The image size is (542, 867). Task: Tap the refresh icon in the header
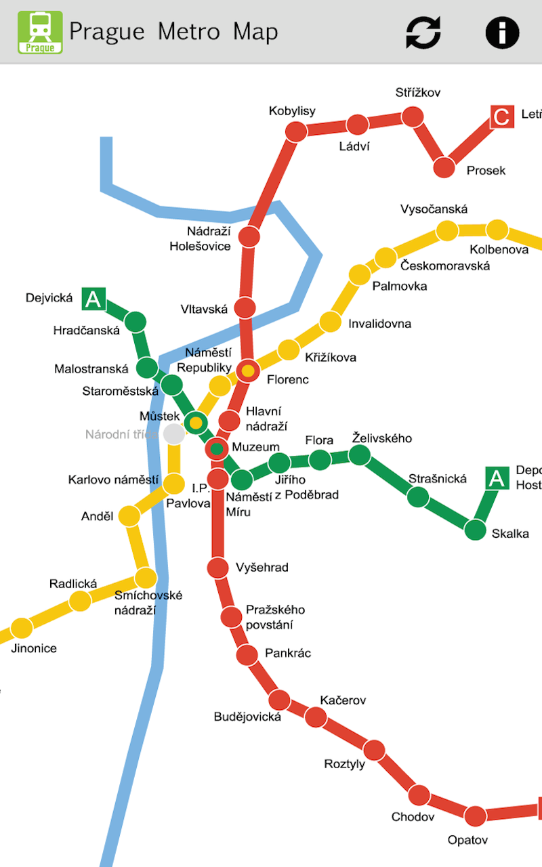(x=423, y=32)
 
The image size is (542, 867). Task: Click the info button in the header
(x=502, y=32)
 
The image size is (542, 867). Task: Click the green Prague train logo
(x=40, y=32)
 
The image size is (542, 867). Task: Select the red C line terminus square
(x=501, y=117)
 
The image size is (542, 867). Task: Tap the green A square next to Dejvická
(x=93, y=299)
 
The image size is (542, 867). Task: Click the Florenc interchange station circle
(x=248, y=371)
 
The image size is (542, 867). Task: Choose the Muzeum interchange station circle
(x=217, y=448)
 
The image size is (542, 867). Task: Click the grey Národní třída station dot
(x=174, y=434)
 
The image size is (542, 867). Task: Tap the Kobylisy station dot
(x=295, y=131)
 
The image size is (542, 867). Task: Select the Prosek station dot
(x=444, y=167)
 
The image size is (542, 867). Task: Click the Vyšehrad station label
(x=262, y=568)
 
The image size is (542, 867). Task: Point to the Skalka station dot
(x=476, y=529)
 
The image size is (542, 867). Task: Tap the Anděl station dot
(x=129, y=516)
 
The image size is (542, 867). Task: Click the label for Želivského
(x=382, y=438)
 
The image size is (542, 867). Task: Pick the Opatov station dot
(x=476, y=816)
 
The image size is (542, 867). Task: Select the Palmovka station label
(x=400, y=286)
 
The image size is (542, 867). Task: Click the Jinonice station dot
(x=22, y=628)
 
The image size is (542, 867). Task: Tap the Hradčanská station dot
(x=135, y=321)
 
